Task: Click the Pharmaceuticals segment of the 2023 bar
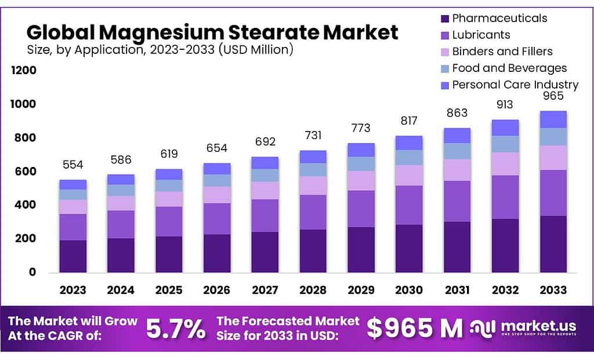click(x=73, y=256)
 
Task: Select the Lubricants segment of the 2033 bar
click(x=553, y=192)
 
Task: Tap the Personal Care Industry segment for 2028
click(x=313, y=157)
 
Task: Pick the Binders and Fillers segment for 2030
click(x=409, y=175)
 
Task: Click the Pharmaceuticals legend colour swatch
click(x=444, y=19)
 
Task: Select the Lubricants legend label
click(x=481, y=35)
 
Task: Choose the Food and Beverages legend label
click(x=509, y=68)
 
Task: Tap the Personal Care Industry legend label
click(x=515, y=85)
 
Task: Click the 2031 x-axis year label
click(x=457, y=290)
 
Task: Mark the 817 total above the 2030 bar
click(x=409, y=121)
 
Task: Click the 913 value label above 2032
click(x=505, y=106)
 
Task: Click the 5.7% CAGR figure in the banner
click(x=175, y=329)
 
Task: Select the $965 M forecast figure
click(x=415, y=329)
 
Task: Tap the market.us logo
click(x=526, y=329)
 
